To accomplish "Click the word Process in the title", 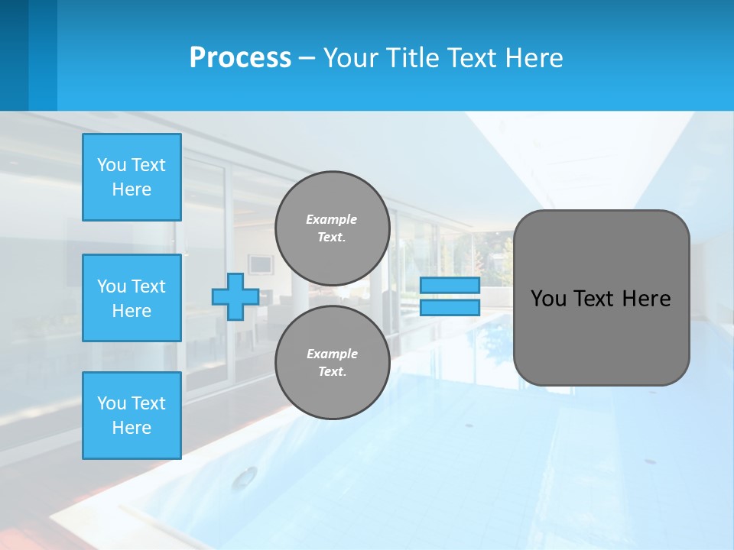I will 240,58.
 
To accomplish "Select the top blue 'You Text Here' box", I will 132,177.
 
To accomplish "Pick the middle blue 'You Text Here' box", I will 132,298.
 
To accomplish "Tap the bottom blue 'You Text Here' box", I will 132,416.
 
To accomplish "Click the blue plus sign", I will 235,297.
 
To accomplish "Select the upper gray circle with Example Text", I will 332,228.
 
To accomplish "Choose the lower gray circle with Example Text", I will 332,363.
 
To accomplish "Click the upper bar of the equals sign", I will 450,286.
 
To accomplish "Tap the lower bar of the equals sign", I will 450,308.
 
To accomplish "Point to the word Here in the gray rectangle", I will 646,299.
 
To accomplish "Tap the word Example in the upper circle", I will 332,219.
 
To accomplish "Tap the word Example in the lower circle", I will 332,354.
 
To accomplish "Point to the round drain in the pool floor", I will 245,478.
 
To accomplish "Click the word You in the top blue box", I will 112,165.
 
